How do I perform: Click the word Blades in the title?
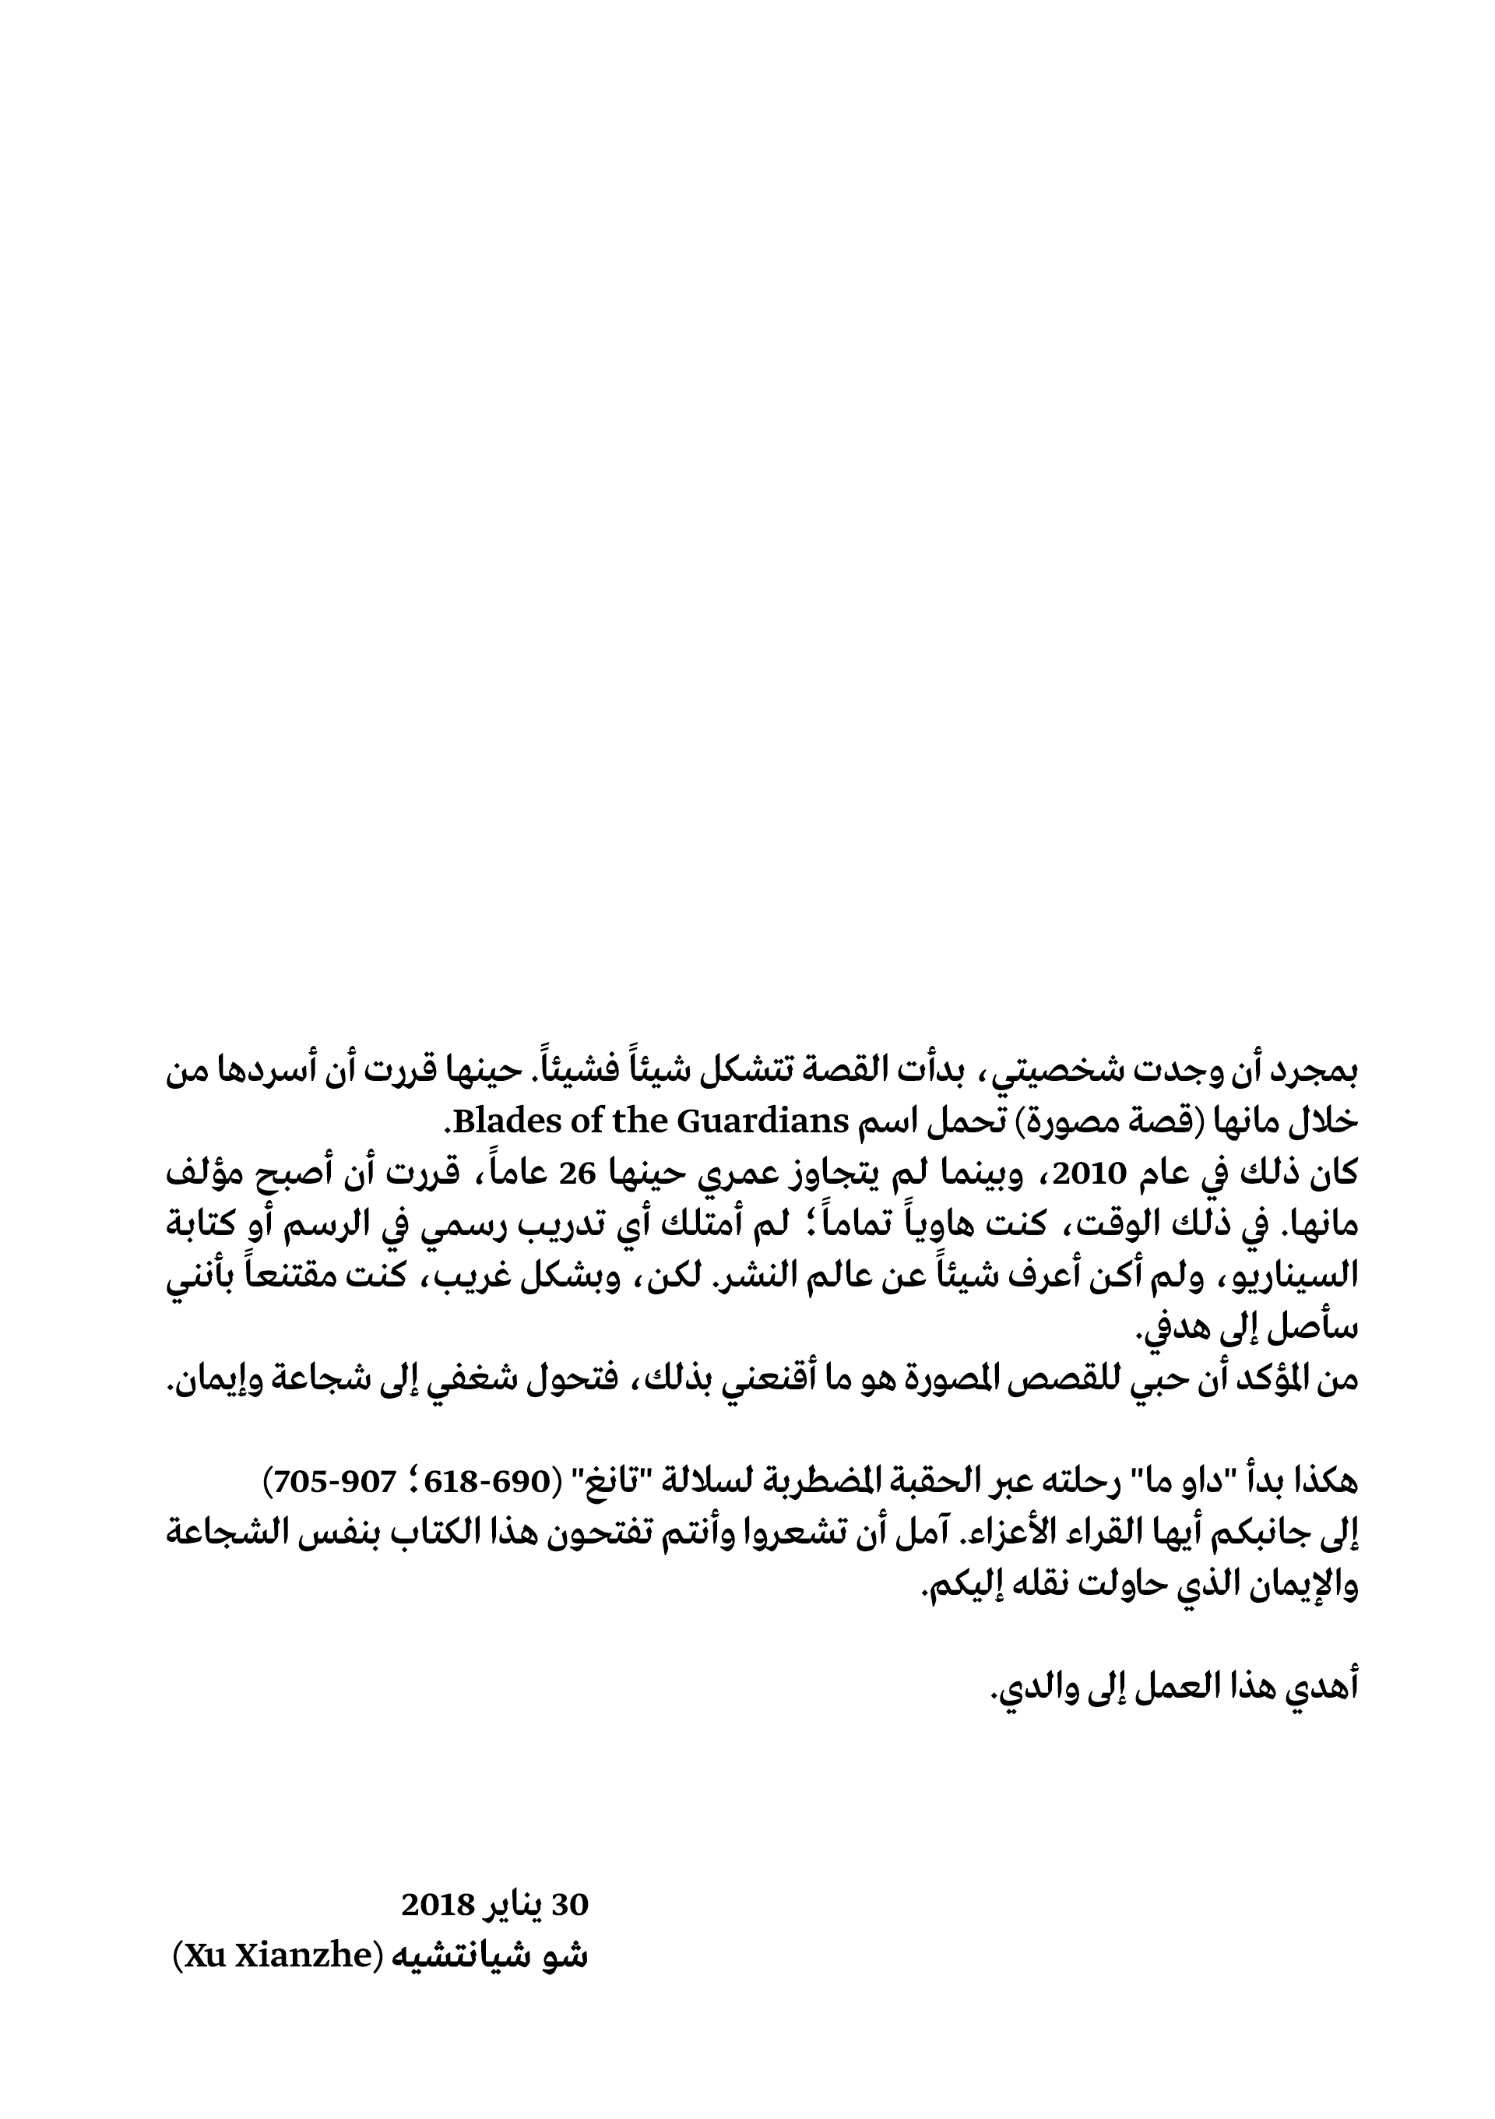(499, 1122)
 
